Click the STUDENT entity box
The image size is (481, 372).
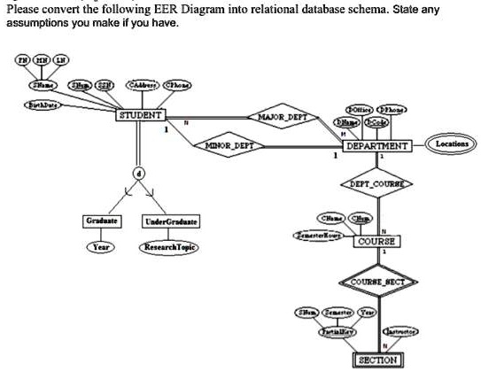coord(141,115)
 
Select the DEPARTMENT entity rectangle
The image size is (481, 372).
coord(376,145)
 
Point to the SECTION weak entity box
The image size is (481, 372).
coord(377,360)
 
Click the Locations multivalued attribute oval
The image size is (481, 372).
coord(453,143)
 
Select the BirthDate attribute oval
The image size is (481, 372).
coord(41,105)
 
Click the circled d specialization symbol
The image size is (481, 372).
coord(140,172)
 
